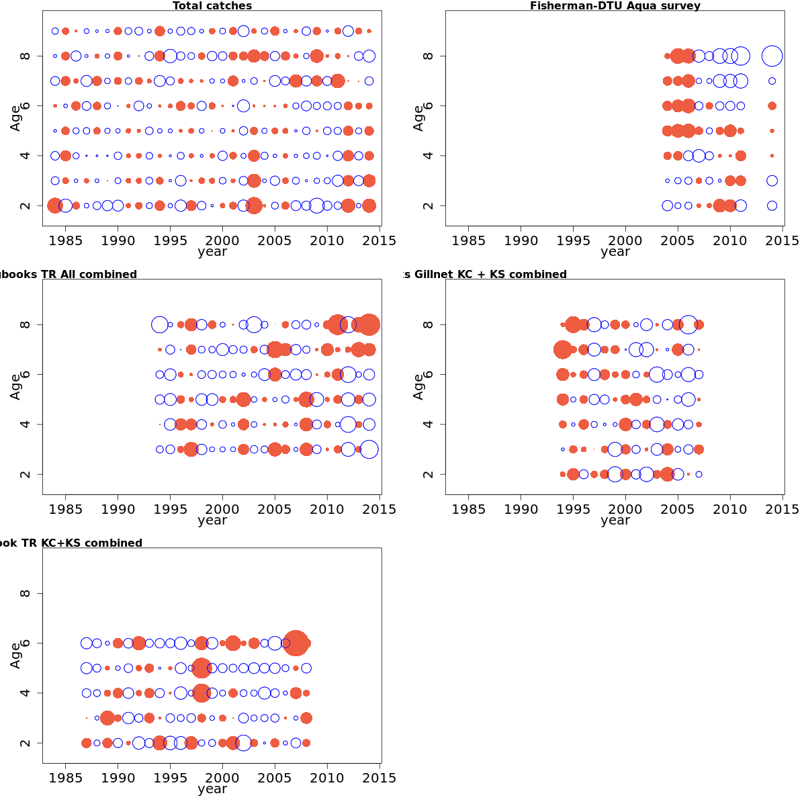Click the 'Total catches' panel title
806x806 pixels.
pyautogui.click(x=212, y=6)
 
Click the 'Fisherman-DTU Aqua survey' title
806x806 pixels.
pyautogui.click(x=615, y=6)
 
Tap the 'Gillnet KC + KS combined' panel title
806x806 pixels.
pyautogui.click(x=490, y=274)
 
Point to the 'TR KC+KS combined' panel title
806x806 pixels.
pyautogui.click(x=74, y=543)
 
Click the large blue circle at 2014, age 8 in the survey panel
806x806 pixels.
pyautogui.click(x=772, y=56)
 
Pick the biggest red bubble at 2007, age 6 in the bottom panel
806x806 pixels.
pyautogui.click(x=296, y=643)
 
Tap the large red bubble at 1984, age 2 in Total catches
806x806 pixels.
pyautogui.click(x=55, y=206)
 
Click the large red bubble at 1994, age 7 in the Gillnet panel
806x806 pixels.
pyautogui.click(x=563, y=349)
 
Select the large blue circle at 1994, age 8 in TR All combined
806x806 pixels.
pyautogui.click(x=160, y=324)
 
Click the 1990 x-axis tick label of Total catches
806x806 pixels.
pyautogui.click(x=118, y=240)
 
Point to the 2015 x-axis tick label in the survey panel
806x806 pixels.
pyautogui.click(x=782, y=240)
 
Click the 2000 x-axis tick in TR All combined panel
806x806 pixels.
pyautogui.click(x=222, y=509)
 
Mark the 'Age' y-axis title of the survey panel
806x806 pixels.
pyautogui.click(x=418, y=118)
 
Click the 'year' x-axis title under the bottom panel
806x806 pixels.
pyautogui.click(x=212, y=789)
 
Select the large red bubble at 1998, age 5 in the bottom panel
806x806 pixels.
pyautogui.click(x=201, y=668)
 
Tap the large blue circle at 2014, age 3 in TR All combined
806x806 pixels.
pyautogui.click(x=369, y=449)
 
